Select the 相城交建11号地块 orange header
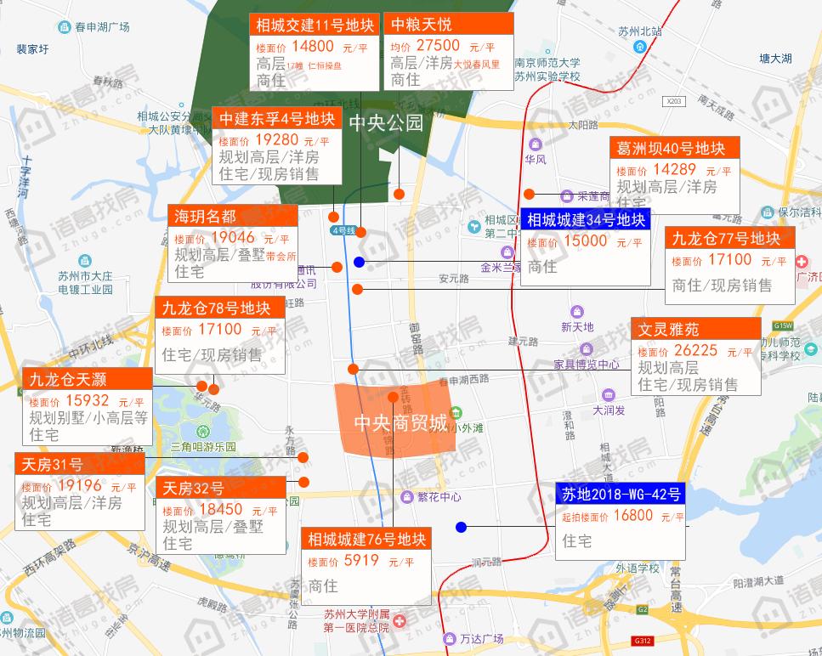(314, 25)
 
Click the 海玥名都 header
(206, 215)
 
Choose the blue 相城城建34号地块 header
(586, 220)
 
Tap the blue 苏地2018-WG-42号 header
(621, 494)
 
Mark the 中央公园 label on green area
(386, 122)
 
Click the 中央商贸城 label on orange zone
(400, 422)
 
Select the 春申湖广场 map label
(101, 27)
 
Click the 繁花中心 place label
(439, 496)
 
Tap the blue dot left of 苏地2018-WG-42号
(461, 527)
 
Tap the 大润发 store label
(609, 410)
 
